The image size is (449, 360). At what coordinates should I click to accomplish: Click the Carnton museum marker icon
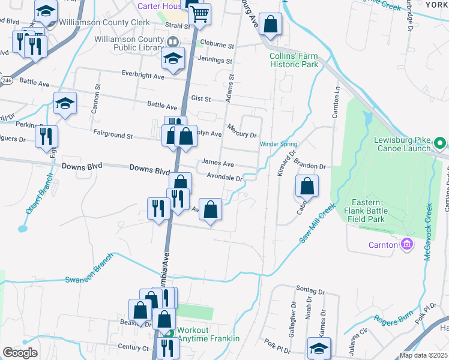pos(407,244)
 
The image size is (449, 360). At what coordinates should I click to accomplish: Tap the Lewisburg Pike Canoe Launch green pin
pos(439,143)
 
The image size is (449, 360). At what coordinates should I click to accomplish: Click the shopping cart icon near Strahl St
pos(199,13)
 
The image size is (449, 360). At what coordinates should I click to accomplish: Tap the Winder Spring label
pos(278,143)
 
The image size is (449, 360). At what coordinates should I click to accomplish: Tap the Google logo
pos(20,353)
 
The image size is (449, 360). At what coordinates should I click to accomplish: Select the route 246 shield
pos(7,80)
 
